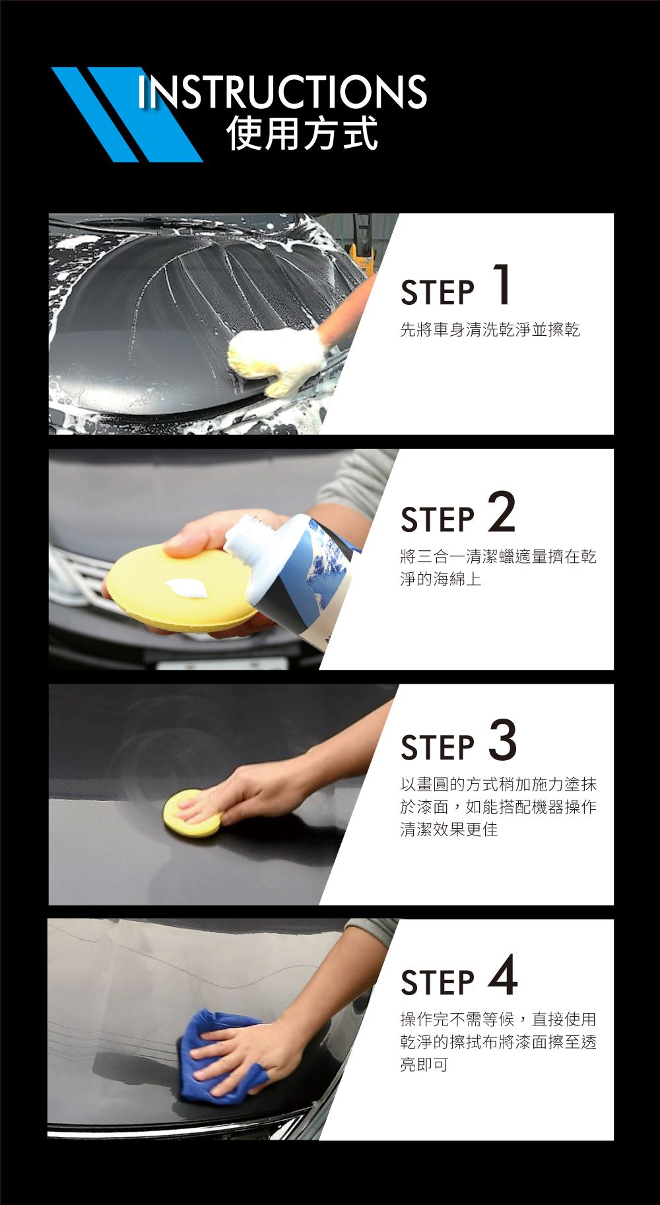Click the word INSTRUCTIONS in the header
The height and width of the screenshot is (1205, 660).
pos(282,92)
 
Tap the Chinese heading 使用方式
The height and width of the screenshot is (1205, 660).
pos(302,133)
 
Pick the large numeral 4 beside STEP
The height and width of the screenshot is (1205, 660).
pos(503,975)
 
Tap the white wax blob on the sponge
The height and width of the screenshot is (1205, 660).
pos(187,587)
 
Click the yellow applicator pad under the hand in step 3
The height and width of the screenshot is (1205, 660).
pos(191,813)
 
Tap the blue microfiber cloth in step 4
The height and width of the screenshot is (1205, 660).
pos(221,1058)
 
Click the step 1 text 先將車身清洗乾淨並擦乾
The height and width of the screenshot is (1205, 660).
pos(490,329)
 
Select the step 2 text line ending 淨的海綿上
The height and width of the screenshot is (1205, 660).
pos(440,579)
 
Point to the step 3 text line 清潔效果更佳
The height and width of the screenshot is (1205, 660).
pos(449,829)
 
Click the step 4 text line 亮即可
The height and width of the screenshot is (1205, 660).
pos(424,1064)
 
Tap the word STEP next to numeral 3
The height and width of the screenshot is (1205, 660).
pos(438,748)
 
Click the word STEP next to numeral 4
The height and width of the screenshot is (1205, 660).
pos(438,983)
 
